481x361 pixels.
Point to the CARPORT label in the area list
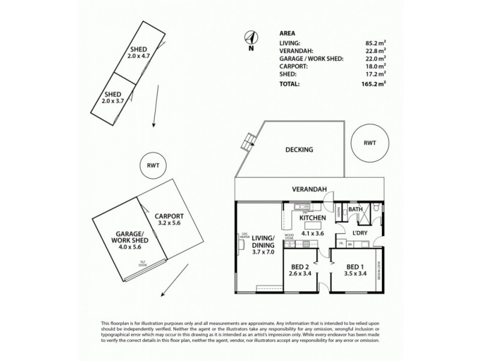(295, 68)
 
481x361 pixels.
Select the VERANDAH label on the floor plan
(310, 189)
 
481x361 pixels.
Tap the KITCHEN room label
(312, 217)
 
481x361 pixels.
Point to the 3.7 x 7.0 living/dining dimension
(263, 253)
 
